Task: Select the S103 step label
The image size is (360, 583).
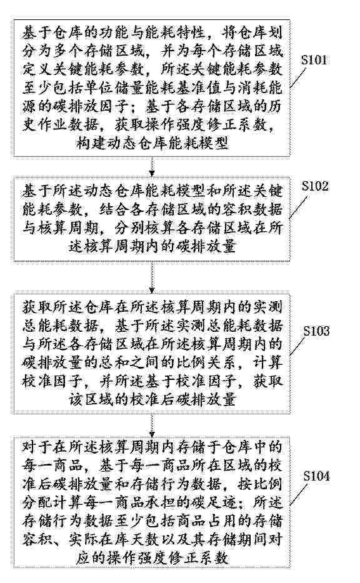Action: pyautogui.click(x=316, y=331)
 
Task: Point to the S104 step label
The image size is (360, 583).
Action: pyautogui.click(x=316, y=476)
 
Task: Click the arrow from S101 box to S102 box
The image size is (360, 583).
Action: pyautogui.click(x=152, y=166)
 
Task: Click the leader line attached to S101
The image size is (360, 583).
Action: pyautogui.click(x=300, y=77)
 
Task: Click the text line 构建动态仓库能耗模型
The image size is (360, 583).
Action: pyautogui.click(x=152, y=142)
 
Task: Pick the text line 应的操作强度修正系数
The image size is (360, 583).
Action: pyautogui.click(x=152, y=558)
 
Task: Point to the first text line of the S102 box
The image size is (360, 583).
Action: pyautogui.click(x=152, y=191)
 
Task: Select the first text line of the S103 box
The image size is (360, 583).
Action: pyautogui.click(x=152, y=307)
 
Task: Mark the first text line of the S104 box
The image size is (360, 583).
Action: pyautogui.click(x=152, y=447)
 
